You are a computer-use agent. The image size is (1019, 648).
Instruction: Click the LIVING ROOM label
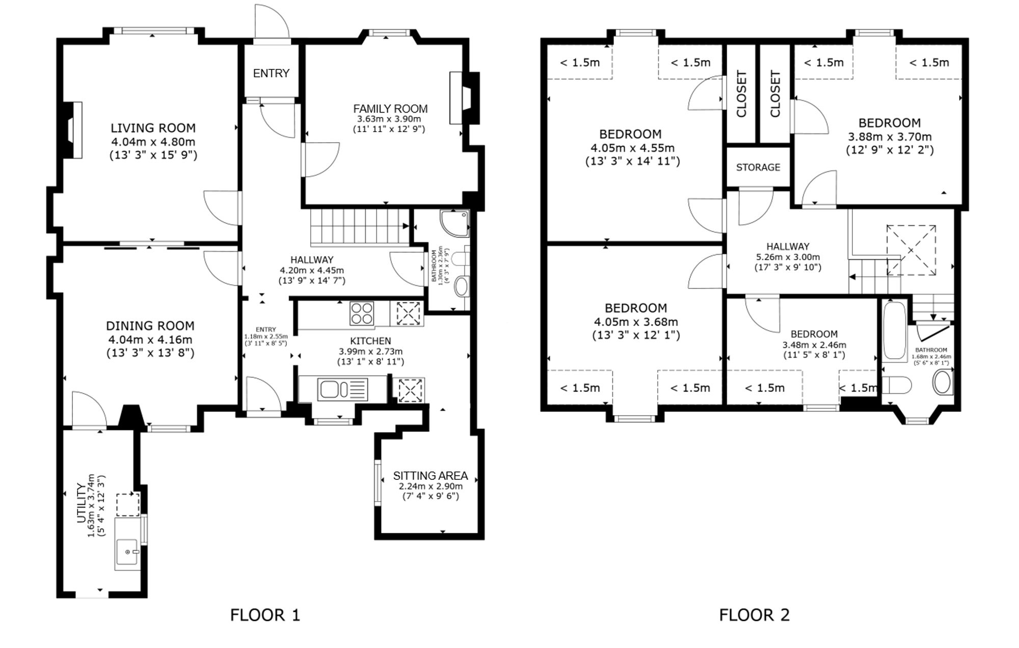pos(153,128)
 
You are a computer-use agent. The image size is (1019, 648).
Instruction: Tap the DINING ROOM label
pos(150,326)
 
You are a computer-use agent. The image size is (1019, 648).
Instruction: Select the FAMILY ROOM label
pos(390,109)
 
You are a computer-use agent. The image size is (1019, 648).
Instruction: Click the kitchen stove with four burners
pos(362,313)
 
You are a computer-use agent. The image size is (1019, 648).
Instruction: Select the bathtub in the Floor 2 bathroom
pos(894,331)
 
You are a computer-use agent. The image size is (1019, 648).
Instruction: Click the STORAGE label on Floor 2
pos(758,167)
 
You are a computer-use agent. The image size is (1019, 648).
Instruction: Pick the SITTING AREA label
pos(430,475)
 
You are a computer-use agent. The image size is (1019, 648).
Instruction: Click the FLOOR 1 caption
pos(265,615)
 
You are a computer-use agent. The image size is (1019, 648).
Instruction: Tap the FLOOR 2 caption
pos(754,615)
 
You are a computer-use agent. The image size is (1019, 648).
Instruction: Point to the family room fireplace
pos(464,98)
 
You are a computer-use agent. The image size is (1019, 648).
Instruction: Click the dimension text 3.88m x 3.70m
pos(890,137)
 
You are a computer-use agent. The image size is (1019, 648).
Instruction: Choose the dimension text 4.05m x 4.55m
pos(632,148)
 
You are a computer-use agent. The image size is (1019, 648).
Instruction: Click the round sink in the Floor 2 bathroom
pos(943,382)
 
